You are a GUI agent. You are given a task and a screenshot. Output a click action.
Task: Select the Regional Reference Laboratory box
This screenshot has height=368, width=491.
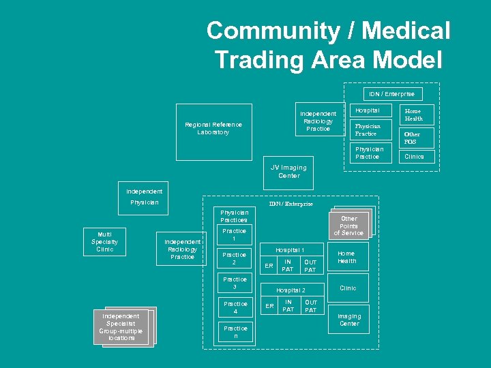coord(213,128)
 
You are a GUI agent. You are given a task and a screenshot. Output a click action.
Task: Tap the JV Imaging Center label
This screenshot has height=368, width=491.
coord(288,171)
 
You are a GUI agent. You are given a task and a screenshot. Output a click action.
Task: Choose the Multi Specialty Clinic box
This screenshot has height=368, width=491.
coord(104,242)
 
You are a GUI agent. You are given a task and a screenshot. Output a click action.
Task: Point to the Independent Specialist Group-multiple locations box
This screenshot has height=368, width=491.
coord(121,327)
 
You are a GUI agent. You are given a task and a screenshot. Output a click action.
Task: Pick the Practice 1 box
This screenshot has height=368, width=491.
coord(235,234)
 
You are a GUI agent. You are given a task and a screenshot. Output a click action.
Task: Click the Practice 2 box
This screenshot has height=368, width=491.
coord(235,259)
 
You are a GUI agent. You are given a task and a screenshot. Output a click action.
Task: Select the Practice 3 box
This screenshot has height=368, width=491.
coord(235,283)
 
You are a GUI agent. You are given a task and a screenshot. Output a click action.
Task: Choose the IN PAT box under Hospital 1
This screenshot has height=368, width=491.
coord(288,266)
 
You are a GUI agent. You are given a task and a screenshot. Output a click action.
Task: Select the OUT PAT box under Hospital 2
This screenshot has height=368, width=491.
coord(310,307)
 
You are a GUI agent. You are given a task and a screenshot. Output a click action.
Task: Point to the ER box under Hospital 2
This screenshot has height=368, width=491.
coord(269,307)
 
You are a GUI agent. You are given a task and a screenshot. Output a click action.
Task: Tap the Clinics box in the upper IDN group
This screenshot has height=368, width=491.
coord(414,157)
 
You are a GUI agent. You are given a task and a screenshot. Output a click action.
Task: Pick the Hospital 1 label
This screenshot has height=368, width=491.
coord(289,250)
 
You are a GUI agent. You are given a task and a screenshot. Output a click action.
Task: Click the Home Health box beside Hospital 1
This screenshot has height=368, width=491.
coord(347,257)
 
